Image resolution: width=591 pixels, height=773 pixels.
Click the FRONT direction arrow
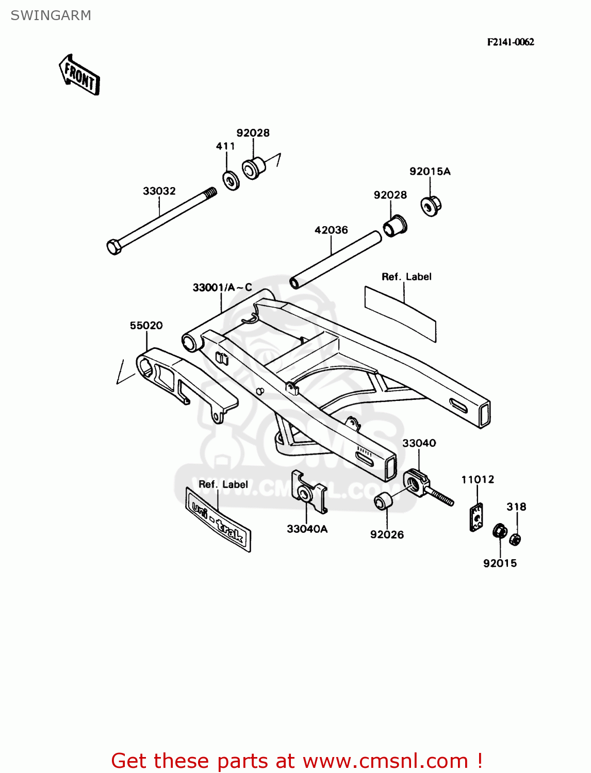click(x=79, y=75)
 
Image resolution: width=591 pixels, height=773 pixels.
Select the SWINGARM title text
click(x=51, y=15)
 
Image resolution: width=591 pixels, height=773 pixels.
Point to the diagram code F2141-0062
click(x=510, y=42)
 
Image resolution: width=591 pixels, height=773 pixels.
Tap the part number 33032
click(x=159, y=191)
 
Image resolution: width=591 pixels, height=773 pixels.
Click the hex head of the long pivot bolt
click(x=114, y=247)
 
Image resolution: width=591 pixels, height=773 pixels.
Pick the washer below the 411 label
click(x=231, y=180)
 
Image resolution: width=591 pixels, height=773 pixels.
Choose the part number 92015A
click(x=430, y=172)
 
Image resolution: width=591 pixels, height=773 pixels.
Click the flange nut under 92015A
click(x=431, y=206)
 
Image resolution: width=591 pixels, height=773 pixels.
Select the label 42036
click(x=331, y=230)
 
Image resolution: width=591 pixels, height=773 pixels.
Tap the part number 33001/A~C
click(x=222, y=288)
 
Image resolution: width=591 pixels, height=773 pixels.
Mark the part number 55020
click(x=146, y=326)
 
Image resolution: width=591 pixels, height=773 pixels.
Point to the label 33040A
click(x=307, y=529)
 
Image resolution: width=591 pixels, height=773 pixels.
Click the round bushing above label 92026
click(x=382, y=501)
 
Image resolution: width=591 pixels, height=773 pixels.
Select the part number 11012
click(x=478, y=480)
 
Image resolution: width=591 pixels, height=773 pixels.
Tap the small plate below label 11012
click(x=477, y=517)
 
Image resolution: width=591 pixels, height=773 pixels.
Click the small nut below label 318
click(x=515, y=540)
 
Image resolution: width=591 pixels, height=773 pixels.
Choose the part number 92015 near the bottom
click(x=500, y=563)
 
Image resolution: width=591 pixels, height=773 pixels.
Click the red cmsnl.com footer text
click(x=297, y=761)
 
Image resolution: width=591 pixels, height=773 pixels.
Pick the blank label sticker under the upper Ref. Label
click(x=400, y=313)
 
